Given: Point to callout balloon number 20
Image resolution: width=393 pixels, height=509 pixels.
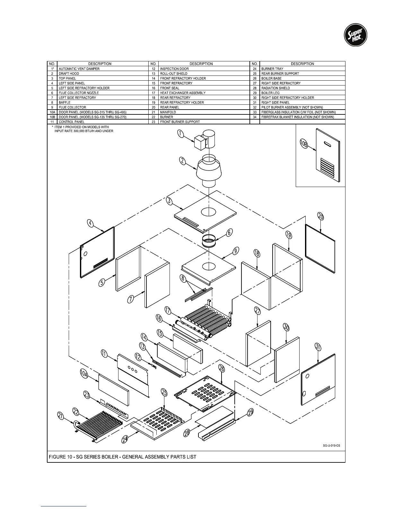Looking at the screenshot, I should pyautogui.click(x=321, y=217).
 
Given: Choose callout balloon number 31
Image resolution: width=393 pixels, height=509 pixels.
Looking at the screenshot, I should pyautogui.click(x=318, y=347).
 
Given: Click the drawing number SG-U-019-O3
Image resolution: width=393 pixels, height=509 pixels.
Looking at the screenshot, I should pyautogui.click(x=331, y=446).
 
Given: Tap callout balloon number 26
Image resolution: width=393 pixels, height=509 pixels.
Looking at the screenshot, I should pyautogui.click(x=222, y=368).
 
